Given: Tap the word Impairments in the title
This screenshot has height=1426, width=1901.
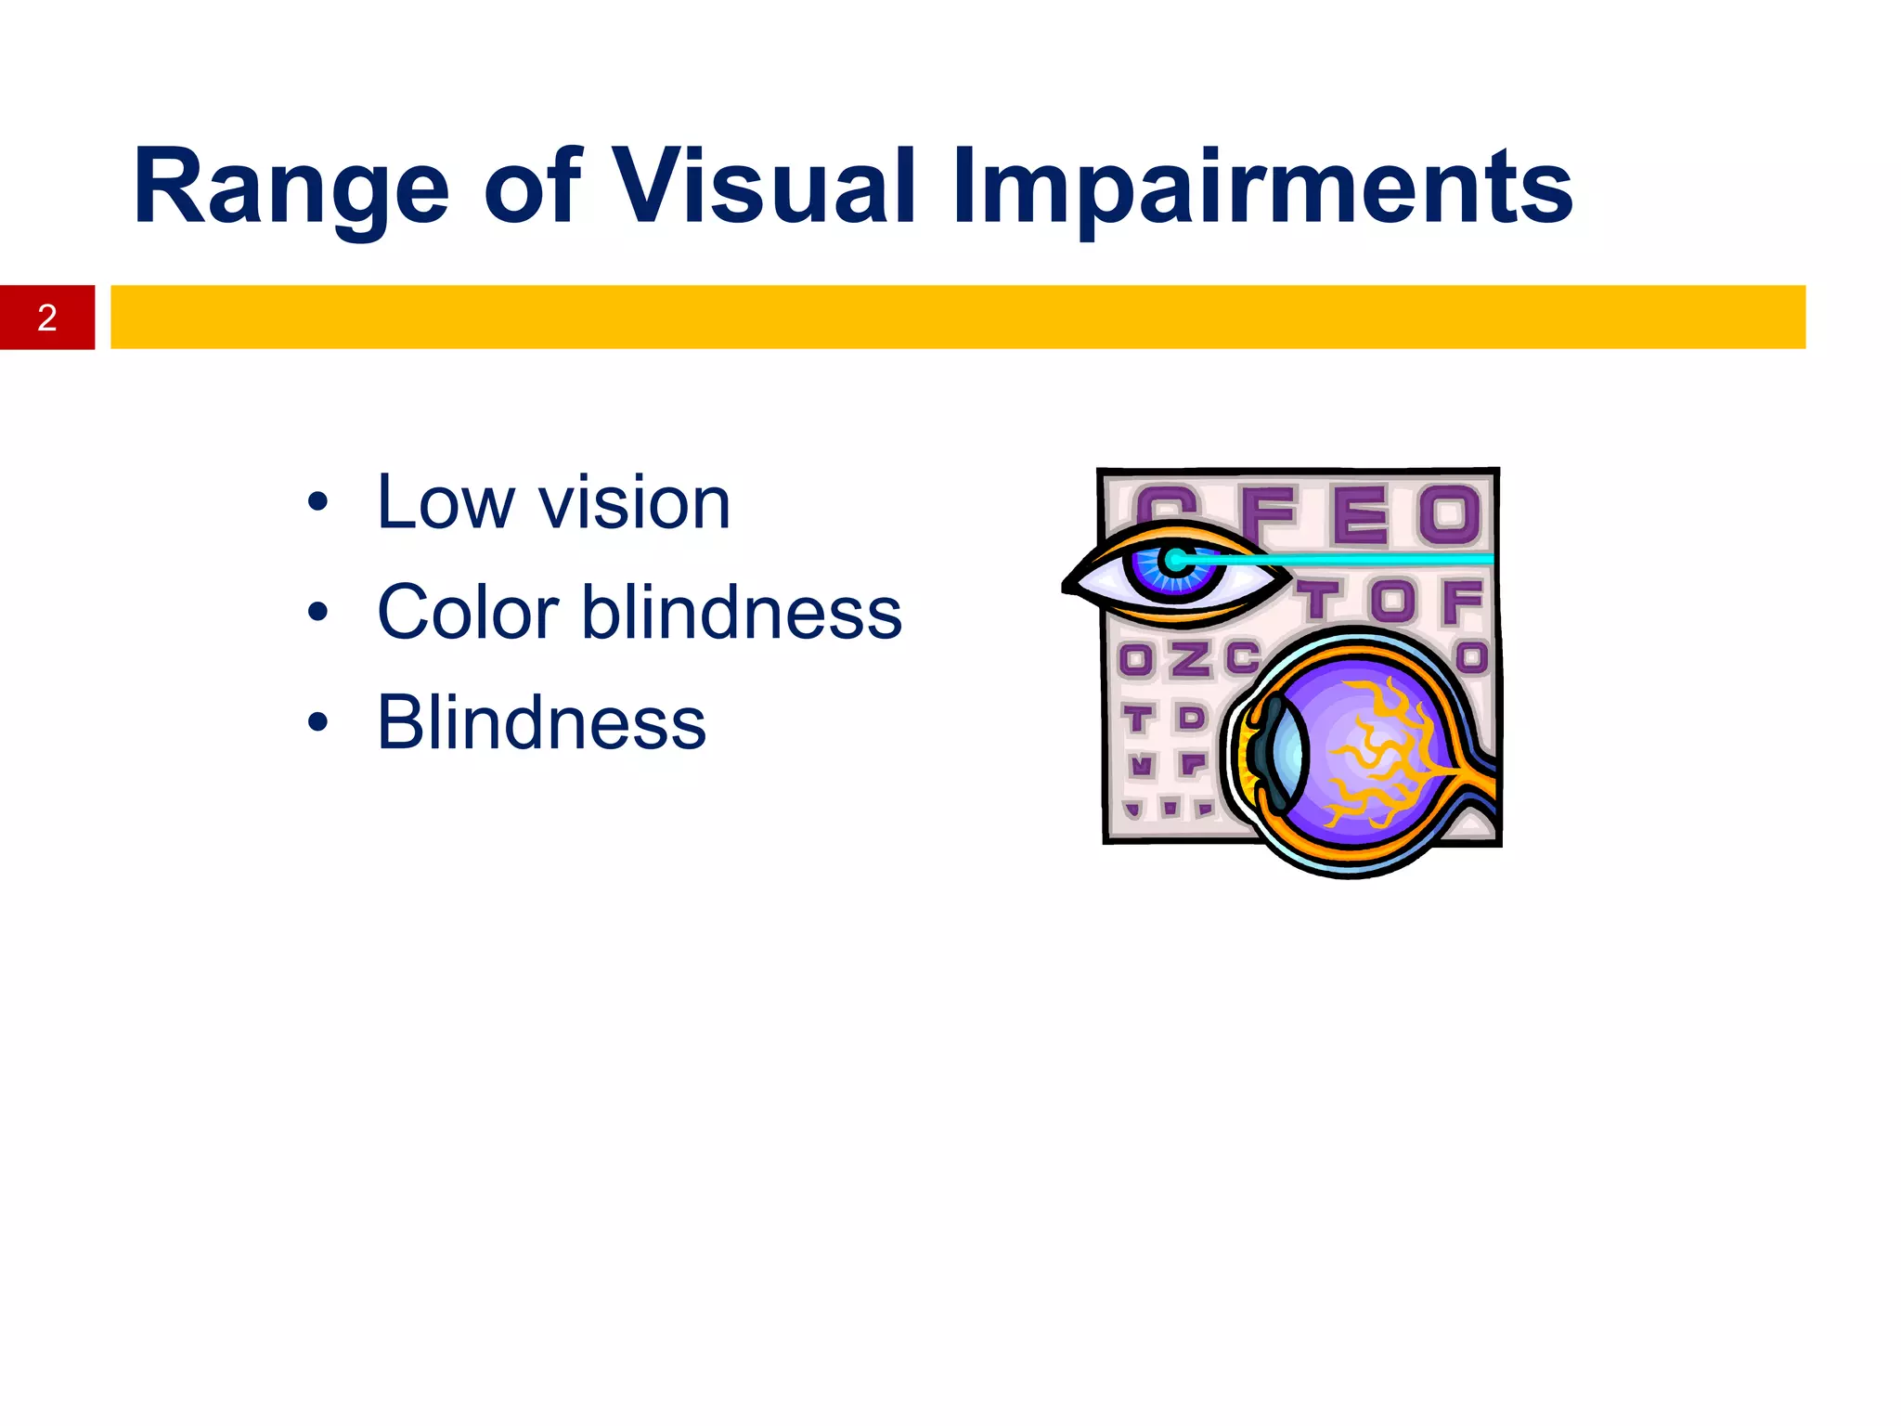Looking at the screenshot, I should click(x=1261, y=189).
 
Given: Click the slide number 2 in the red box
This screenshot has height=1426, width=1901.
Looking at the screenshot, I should click(x=47, y=318).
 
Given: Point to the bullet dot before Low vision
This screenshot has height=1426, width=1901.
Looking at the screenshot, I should click(x=318, y=502).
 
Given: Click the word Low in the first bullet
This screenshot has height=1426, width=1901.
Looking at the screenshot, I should click(x=444, y=502).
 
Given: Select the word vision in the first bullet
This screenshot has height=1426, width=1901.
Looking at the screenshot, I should click(x=635, y=502).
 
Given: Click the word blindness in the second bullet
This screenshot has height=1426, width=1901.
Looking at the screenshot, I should click(x=742, y=613).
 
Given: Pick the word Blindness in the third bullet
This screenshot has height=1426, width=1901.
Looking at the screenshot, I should click(x=541, y=722).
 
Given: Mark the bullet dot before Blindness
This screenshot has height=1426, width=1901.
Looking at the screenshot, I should click(x=318, y=722).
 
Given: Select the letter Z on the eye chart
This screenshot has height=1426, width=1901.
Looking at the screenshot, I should click(x=1190, y=660).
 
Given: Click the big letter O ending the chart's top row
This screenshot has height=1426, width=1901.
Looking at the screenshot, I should click(x=1448, y=513).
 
